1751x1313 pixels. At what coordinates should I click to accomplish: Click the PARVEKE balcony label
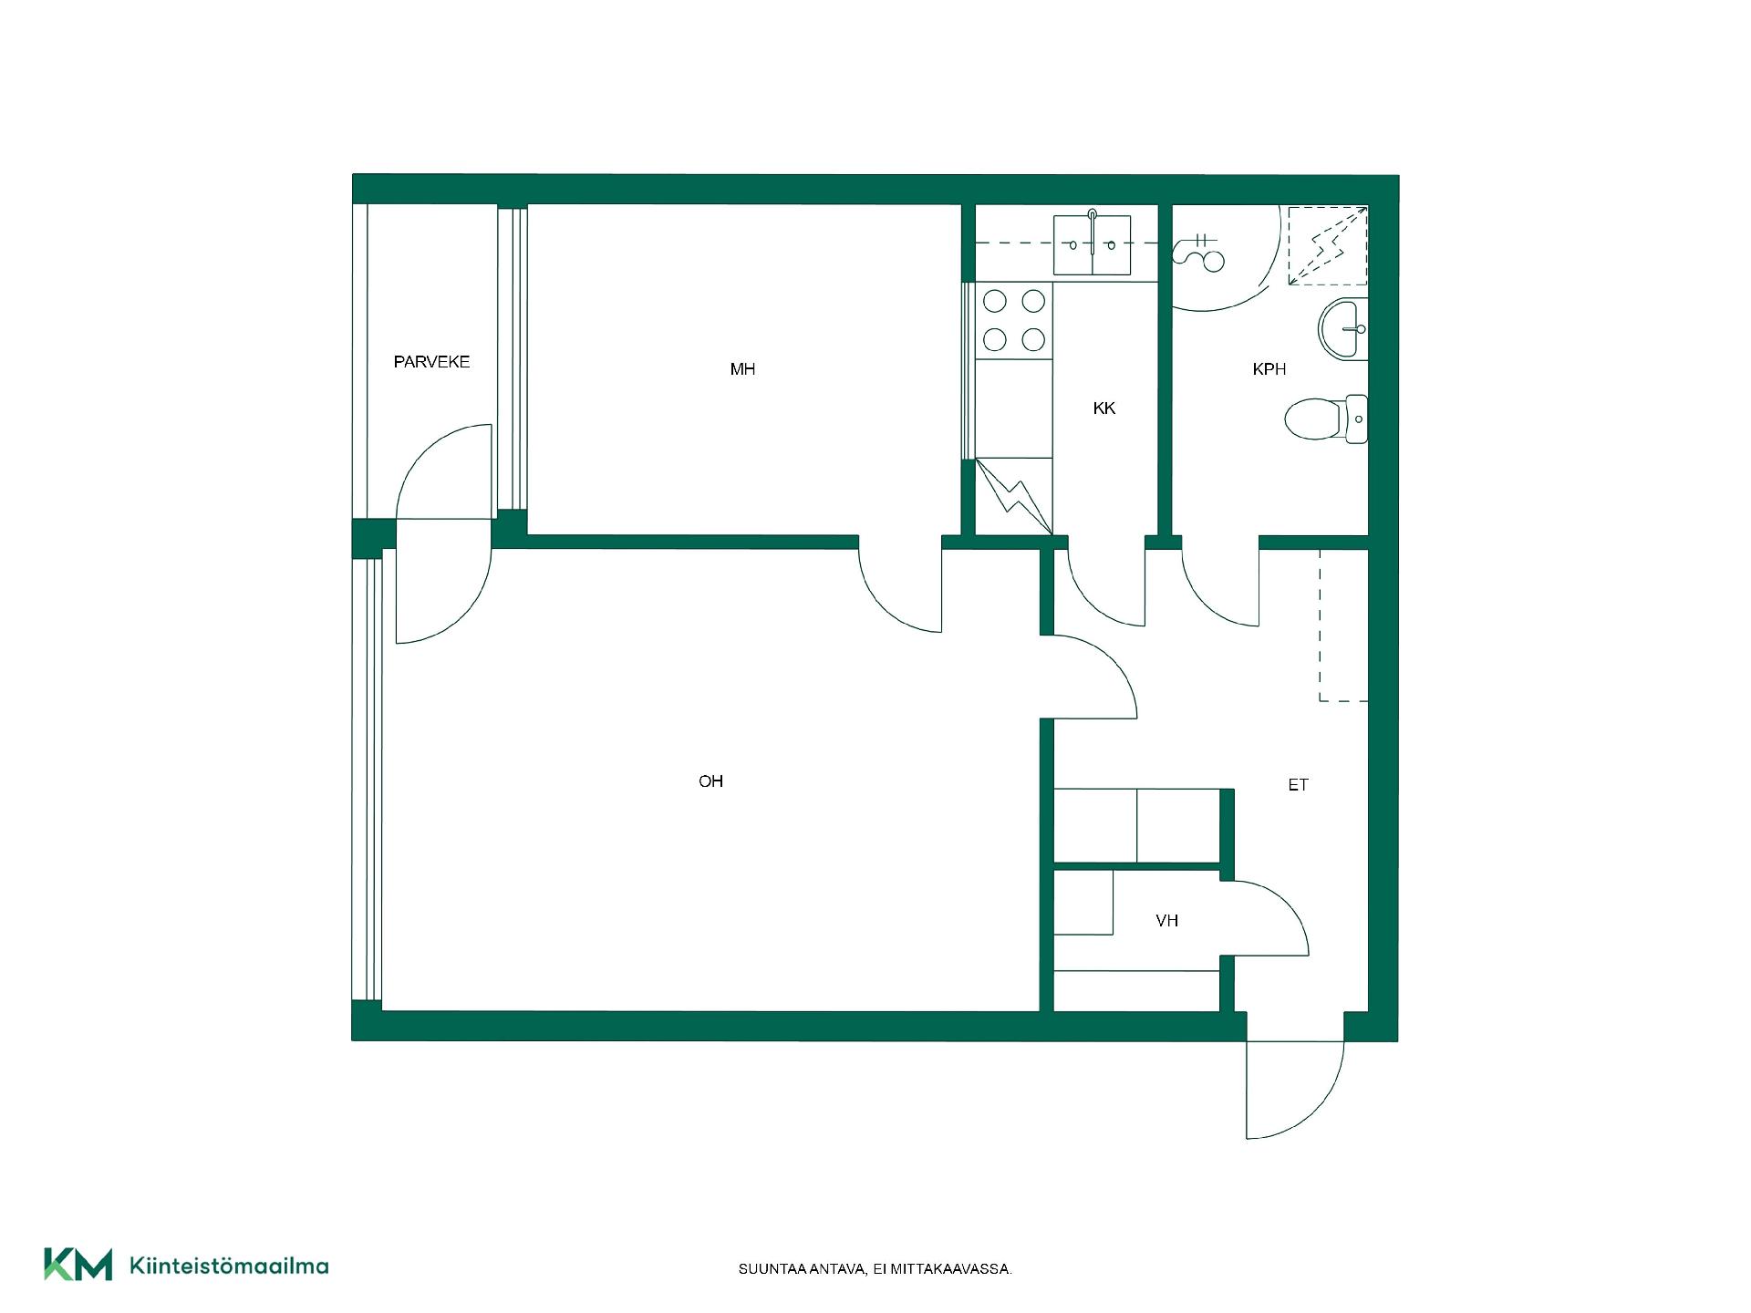[431, 362]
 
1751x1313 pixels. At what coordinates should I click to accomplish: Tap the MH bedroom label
[742, 369]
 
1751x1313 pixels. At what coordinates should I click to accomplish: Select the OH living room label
[710, 781]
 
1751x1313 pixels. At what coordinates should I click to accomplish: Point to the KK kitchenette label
[1104, 408]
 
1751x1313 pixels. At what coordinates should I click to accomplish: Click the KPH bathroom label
[1269, 369]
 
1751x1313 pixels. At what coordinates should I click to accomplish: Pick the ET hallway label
[1299, 785]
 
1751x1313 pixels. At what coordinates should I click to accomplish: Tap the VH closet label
[1167, 921]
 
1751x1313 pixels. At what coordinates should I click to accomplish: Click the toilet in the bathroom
[1327, 419]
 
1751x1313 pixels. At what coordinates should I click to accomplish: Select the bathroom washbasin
[1343, 328]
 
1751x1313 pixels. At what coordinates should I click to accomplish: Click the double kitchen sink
[1092, 244]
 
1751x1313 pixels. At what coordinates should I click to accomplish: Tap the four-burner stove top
[1014, 320]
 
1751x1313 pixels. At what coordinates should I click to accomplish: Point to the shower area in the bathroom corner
[1328, 245]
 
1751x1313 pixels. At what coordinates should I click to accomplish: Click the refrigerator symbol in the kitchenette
[1014, 496]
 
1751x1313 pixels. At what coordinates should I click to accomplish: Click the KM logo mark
[78, 1264]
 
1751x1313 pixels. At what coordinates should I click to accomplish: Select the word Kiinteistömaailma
[230, 1266]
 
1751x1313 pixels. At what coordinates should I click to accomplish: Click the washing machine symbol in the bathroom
[1202, 252]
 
